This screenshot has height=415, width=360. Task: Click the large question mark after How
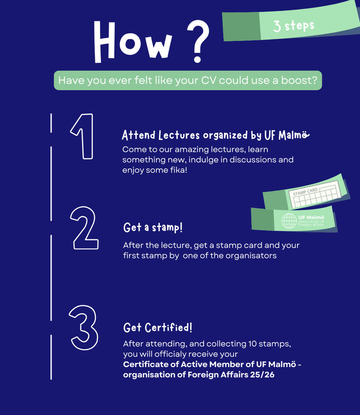point(198,41)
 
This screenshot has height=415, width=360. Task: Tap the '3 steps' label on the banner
point(294,26)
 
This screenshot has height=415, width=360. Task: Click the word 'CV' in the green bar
point(208,80)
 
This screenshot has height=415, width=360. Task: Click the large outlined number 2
point(85,228)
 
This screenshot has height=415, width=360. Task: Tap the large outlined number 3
point(84,328)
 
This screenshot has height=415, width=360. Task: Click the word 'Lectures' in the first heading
point(179,135)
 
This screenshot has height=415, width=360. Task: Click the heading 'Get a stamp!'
point(153,227)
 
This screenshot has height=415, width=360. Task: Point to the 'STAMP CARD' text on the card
point(305,192)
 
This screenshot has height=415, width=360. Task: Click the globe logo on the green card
point(289,221)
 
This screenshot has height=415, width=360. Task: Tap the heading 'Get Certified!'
point(158,328)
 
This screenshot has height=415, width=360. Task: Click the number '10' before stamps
point(252,344)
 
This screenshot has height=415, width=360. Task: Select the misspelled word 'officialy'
point(170,354)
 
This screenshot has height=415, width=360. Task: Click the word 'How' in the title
point(133,42)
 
